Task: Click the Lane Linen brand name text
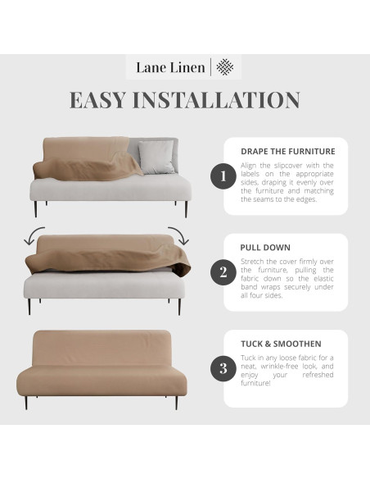170,67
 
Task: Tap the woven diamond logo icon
224,67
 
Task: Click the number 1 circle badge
222,176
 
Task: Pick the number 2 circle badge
222,271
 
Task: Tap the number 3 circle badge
222,368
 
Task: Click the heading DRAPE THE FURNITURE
287,151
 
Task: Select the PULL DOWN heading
266,247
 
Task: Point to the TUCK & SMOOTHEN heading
281,343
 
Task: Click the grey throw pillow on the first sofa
156,156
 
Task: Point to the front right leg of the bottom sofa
175,403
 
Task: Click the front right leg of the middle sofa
179,307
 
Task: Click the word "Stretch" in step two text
253,262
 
